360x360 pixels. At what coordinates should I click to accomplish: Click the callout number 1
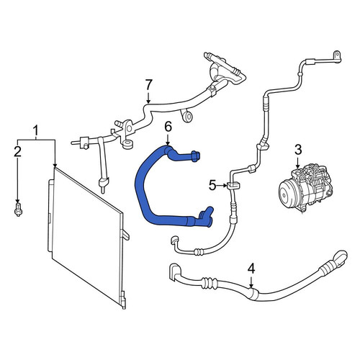(x=36, y=131)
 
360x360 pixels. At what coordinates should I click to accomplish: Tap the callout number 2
(x=17, y=152)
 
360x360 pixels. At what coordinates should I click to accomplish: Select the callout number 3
(x=298, y=150)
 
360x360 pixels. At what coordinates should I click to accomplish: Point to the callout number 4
(x=251, y=269)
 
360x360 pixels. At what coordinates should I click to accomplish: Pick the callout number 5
(x=212, y=185)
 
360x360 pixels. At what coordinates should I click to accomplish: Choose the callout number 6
(x=168, y=127)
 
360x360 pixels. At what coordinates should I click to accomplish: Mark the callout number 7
(x=149, y=85)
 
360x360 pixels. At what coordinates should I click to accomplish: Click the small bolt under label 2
(x=18, y=209)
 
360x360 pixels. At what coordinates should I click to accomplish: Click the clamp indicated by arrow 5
(x=233, y=186)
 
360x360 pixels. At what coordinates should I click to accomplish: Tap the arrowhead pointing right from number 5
(x=225, y=185)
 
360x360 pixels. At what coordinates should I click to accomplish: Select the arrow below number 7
(x=148, y=97)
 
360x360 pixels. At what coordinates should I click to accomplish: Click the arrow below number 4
(x=251, y=282)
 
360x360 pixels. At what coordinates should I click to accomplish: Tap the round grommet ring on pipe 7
(x=187, y=117)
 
